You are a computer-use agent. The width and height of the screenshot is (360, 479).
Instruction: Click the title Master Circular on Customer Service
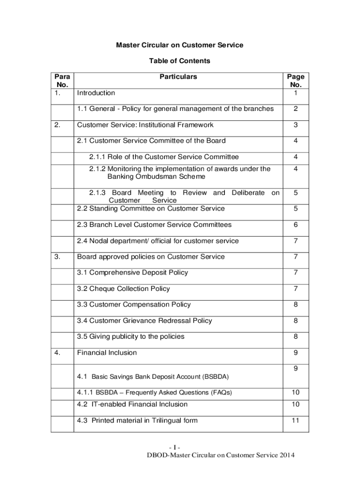[x=180, y=45]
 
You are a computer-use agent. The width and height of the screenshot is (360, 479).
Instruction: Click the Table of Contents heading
[x=180, y=61]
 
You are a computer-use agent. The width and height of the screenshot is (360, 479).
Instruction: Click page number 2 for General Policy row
[x=295, y=109]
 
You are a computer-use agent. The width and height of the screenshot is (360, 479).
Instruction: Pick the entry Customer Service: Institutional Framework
[x=145, y=125]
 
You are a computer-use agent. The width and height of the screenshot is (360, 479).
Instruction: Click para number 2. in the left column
[x=57, y=125]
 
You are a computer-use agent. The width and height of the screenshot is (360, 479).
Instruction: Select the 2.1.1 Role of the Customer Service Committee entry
[x=164, y=157]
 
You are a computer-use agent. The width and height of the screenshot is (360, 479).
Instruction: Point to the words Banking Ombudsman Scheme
[x=156, y=177]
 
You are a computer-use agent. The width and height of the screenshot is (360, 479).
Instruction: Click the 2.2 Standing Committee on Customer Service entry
[x=151, y=208]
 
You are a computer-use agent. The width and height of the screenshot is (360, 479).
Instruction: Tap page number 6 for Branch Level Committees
[x=295, y=225]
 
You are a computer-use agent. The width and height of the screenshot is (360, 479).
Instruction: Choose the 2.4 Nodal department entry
[x=158, y=241]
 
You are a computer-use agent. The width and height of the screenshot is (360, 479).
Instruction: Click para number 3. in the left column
[x=57, y=257]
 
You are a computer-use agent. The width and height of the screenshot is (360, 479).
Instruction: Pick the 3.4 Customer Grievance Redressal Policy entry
[x=144, y=320]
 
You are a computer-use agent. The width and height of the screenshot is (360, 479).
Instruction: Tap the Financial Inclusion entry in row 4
[x=107, y=353]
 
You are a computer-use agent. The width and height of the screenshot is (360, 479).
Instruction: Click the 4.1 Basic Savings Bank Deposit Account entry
[x=153, y=377]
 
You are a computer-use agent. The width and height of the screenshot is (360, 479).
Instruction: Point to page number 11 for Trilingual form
[x=295, y=421]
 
